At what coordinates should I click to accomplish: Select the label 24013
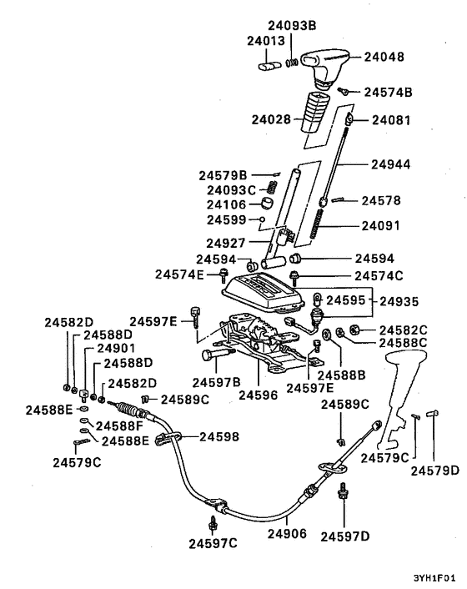[x=265, y=41]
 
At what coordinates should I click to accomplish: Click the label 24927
[x=227, y=244]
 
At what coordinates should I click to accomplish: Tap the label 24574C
[x=379, y=275]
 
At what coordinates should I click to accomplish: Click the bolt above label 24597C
[x=214, y=523]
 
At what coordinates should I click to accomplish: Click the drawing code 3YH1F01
[x=434, y=576]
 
